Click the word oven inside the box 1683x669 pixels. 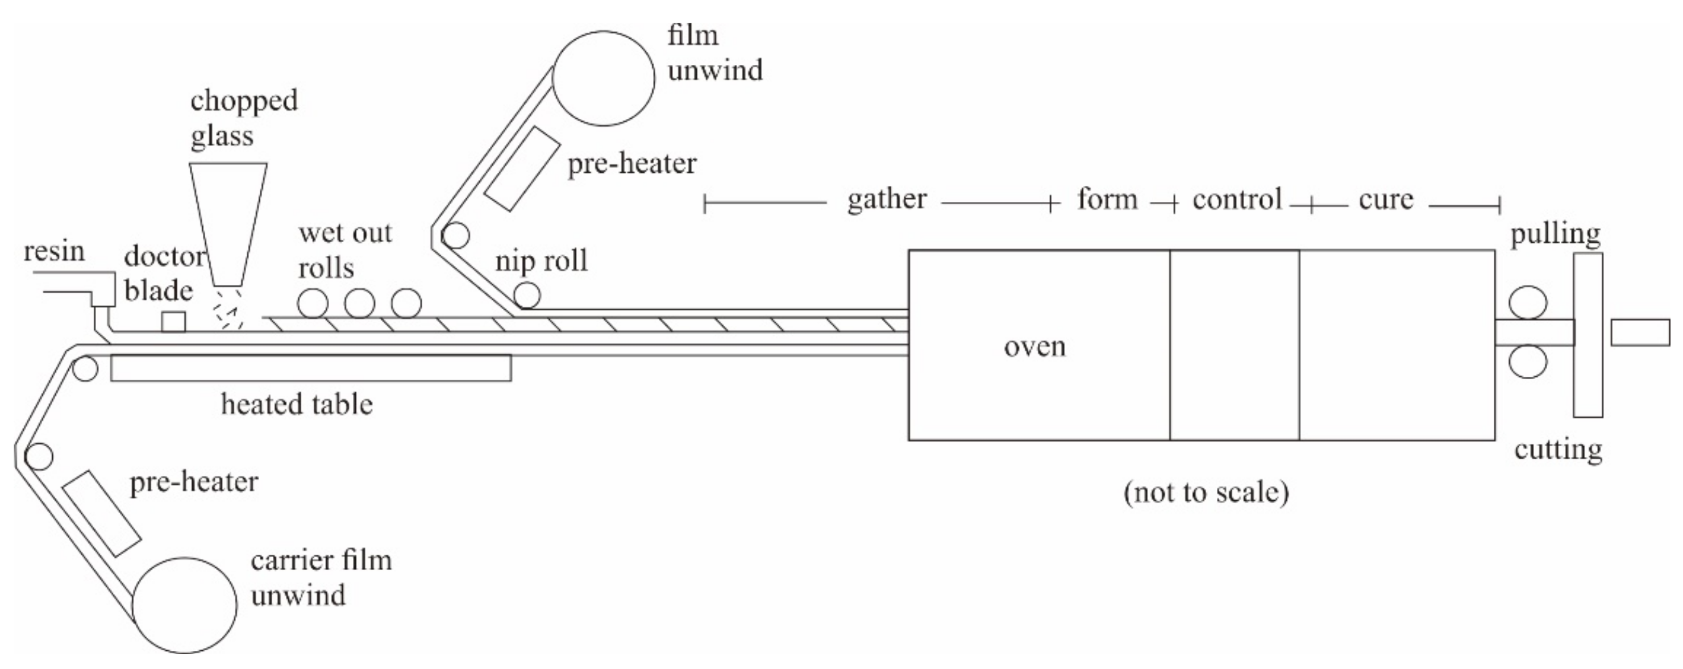pyautogui.click(x=1034, y=346)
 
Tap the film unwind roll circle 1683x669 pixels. pyautogui.click(x=603, y=78)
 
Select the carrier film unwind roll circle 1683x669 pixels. pyautogui.click(x=184, y=605)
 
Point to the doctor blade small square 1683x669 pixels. pyautogui.click(x=173, y=322)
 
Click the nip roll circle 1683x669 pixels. pyautogui.click(x=526, y=296)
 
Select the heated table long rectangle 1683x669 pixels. pyautogui.click(x=310, y=368)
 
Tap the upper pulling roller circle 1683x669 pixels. pyautogui.click(x=1527, y=303)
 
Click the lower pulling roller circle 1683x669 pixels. pyautogui.click(x=1527, y=362)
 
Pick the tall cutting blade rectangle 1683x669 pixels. pyautogui.click(x=1587, y=334)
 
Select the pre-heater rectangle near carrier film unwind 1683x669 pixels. pyautogui.click(x=102, y=513)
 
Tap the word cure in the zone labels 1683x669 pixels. pyautogui.click(x=1386, y=200)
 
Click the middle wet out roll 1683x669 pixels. pyautogui.click(x=359, y=303)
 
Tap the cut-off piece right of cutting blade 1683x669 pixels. pyautogui.click(x=1640, y=333)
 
